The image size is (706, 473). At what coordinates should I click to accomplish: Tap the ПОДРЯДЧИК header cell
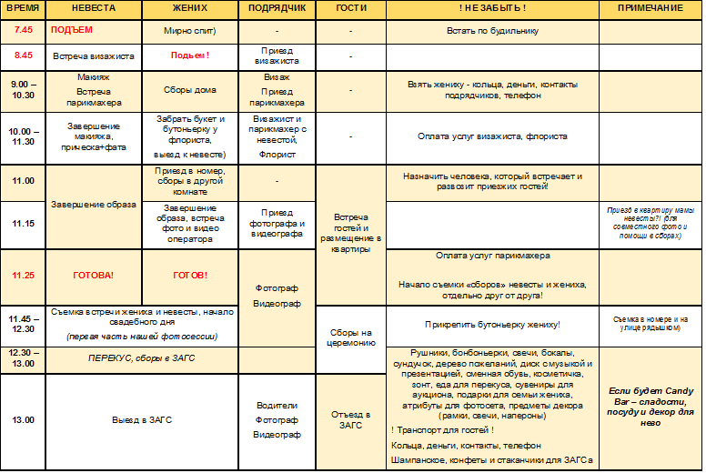[277, 8]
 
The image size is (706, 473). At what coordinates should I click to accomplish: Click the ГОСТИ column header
[350, 8]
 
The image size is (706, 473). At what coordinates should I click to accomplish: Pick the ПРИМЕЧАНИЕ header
[650, 8]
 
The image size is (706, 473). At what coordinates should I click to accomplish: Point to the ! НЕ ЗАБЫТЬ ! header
[492, 8]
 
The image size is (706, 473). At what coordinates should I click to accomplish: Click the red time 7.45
[23, 30]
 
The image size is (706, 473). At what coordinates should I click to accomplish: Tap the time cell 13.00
[23, 420]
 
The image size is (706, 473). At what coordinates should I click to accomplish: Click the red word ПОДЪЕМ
[72, 30]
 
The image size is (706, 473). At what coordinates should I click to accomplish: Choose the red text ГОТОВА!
[94, 275]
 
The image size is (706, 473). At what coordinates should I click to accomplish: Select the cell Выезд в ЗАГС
[141, 420]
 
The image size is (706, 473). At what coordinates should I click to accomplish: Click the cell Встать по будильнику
[492, 30]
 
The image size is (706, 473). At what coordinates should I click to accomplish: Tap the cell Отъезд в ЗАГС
[350, 419]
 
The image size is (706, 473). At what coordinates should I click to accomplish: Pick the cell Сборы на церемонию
[350, 337]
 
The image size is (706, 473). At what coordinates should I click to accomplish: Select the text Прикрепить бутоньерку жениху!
[492, 325]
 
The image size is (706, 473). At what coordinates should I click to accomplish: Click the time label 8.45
[23, 55]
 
